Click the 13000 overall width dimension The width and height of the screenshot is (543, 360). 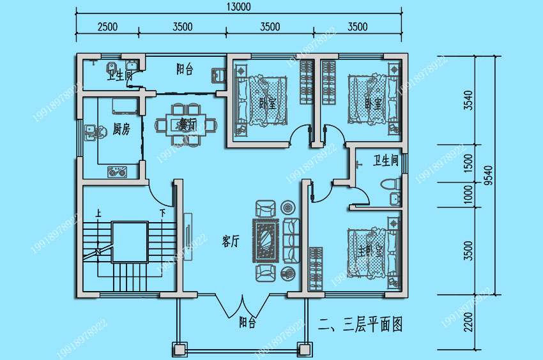[238, 7]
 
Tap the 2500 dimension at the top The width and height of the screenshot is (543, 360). [107, 27]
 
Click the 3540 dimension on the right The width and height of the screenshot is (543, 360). [469, 100]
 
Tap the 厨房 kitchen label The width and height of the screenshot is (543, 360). [121, 130]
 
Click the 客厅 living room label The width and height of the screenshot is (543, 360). [230, 241]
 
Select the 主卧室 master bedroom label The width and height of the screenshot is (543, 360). [371, 251]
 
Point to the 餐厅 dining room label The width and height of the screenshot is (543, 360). [187, 123]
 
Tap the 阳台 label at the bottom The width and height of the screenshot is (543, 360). [247, 323]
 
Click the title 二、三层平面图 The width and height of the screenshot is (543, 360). [360, 325]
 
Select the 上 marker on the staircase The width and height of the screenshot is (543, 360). [98, 213]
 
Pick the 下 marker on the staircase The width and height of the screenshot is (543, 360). [162, 213]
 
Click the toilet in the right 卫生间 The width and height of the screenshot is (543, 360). [390, 186]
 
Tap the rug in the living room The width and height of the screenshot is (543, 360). [266, 241]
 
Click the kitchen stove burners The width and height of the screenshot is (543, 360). [118, 171]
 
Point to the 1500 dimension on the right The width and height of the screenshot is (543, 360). [469, 163]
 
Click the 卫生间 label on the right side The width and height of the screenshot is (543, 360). [386, 160]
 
